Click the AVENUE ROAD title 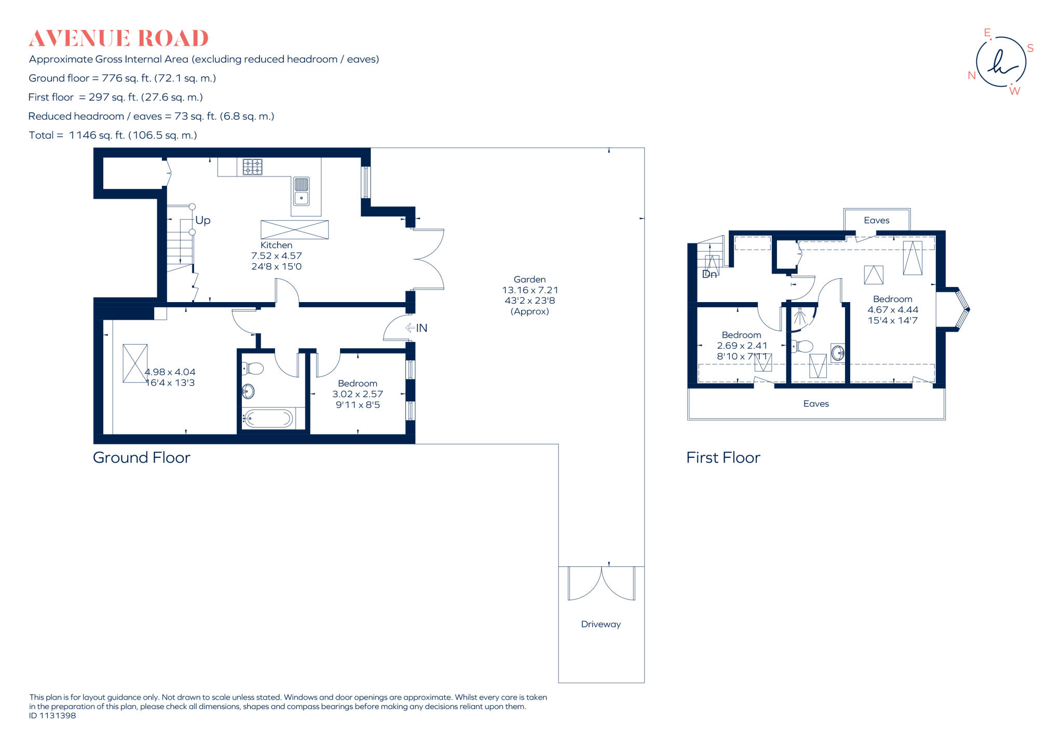(x=118, y=38)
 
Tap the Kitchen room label (x=276, y=245)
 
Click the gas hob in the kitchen (x=253, y=167)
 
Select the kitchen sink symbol (x=302, y=191)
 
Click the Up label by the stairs (x=203, y=220)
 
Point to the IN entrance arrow (x=416, y=328)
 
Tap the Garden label (x=529, y=279)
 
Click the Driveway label (x=601, y=624)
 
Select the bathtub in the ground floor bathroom (x=268, y=418)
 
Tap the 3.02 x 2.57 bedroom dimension (x=358, y=394)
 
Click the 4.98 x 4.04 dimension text (x=170, y=372)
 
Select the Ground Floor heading (x=141, y=458)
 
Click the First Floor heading (x=723, y=458)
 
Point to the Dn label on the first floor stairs (x=709, y=274)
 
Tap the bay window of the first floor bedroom (x=962, y=309)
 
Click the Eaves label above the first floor (x=876, y=221)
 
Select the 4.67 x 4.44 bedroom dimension (x=893, y=310)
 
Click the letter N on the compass (x=972, y=76)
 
